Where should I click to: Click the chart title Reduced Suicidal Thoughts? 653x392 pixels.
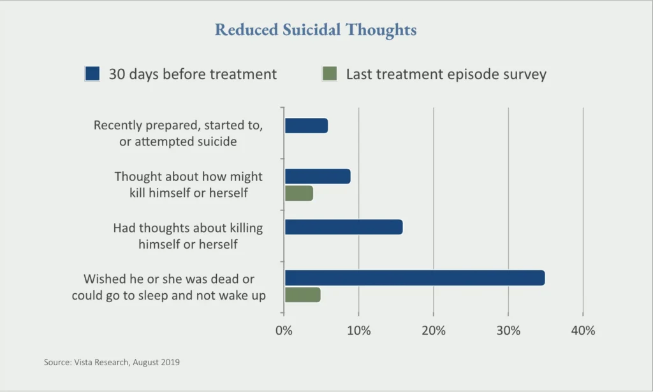pyautogui.click(x=316, y=30)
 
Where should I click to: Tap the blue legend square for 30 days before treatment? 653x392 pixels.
pyautogui.click(x=92, y=74)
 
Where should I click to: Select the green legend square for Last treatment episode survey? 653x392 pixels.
pyautogui.click(x=330, y=74)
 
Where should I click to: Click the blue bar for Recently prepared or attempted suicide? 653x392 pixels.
pyautogui.click(x=306, y=126)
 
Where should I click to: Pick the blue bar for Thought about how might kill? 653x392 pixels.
pyautogui.click(x=318, y=176)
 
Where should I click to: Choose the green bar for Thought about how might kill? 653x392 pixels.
pyautogui.click(x=299, y=193)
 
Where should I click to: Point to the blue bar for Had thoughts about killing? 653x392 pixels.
pyautogui.click(x=344, y=227)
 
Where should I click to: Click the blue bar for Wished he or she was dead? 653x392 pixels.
pyautogui.click(x=415, y=278)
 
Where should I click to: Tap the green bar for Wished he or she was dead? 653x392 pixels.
pyautogui.click(x=302, y=295)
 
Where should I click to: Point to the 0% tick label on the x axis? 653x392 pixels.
pyautogui.click(x=284, y=331)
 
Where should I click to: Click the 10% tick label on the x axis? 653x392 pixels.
pyautogui.click(x=358, y=331)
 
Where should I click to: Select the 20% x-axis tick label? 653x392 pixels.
pyautogui.click(x=434, y=331)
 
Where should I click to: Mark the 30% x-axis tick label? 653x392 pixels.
pyautogui.click(x=508, y=331)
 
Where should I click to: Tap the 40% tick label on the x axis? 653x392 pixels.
pyautogui.click(x=583, y=331)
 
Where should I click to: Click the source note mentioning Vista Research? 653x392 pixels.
pyautogui.click(x=112, y=362)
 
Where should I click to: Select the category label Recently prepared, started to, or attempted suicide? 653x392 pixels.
pyautogui.click(x=178, y=133)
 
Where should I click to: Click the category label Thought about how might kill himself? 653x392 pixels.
pyautogui.click(x=188, y=184)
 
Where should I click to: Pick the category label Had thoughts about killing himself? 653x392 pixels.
pyautogui.click(x=187, y=235)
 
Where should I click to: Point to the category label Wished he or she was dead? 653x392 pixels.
pyautogui.click(x=168, y=287)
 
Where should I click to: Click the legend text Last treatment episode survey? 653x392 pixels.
pyautogui.click(x=446, y=74)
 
